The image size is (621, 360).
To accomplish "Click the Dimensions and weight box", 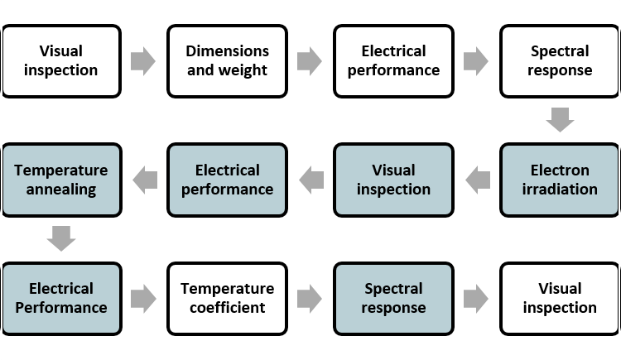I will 228,60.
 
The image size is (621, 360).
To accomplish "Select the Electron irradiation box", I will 560,180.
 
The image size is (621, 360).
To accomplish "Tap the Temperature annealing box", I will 61,180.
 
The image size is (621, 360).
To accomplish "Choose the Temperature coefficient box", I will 228,298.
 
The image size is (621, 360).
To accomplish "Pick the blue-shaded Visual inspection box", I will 393,180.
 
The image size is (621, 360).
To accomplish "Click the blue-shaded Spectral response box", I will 393,298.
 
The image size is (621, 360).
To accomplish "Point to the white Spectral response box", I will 560,60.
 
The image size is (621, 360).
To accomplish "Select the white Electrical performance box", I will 393,60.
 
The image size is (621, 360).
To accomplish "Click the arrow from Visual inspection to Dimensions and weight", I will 143,61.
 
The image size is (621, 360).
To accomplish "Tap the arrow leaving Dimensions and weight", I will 310,61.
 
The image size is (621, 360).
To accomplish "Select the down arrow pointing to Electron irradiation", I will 561,119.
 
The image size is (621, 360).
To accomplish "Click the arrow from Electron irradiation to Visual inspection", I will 478,179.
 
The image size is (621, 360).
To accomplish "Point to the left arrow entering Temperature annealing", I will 146,179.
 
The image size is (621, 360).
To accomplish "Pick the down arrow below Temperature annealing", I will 61,238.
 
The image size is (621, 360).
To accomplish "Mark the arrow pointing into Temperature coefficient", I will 143,298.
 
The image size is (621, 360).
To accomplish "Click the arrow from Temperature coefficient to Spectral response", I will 310,298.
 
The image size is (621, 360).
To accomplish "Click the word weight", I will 245,70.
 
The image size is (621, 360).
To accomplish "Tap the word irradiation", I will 560,190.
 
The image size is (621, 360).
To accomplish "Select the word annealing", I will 61,190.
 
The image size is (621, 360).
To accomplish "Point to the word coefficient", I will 228,308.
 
